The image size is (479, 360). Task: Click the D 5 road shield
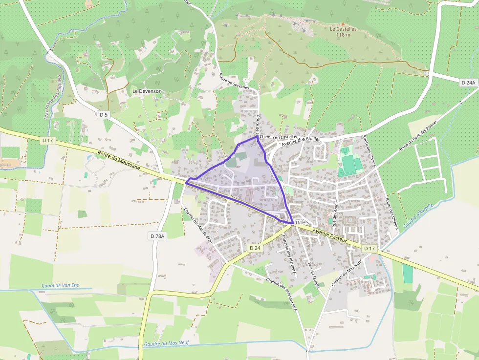pyautogui.click(x=103, y=114)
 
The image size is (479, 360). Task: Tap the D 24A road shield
pyautogui.click(x=468, y=83)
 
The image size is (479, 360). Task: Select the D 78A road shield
pyautogui.click(x=157, y=236)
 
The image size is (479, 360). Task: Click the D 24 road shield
pyautogui.click(x=255, y=248)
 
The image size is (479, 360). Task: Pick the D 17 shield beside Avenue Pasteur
pyautogui.click(x=370, y=249)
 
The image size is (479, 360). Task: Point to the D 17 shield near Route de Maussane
pyautogui.click(x=47, y=141)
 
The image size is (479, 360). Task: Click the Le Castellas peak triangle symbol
pyautogui.click(x=343, y=23)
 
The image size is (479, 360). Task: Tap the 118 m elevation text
pyautogui.click(x=343, y=35)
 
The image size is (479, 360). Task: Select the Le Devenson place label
pyautogui.click(x=147, y=91)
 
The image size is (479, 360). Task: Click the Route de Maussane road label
pyautogui.click(x=118, y=160)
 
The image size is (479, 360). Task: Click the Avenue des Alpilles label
pyautogui.click(x=301, y=141)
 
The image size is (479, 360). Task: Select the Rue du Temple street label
pyautogui.click(x=313, y=275)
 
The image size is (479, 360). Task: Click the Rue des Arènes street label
pyautogui.click(x=335, y=213)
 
